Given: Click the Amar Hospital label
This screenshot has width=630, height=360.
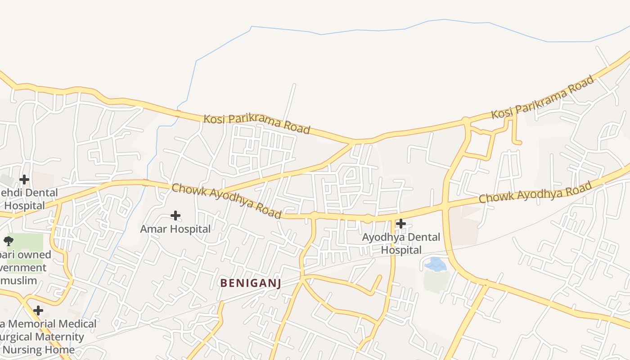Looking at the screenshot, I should [175, 229].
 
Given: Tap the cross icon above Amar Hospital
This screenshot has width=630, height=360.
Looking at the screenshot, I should [175, 216].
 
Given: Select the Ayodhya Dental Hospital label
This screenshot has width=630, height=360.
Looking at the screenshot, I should [401, 243].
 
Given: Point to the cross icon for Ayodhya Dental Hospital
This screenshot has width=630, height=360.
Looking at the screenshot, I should [400, 224].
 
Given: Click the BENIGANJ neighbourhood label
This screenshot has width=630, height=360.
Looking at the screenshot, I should [250, 283].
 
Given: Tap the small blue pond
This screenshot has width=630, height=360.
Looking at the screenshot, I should [435, 264].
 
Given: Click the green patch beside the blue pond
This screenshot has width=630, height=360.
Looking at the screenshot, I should [436, 281].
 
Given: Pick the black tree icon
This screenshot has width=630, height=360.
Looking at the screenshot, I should [9, 241].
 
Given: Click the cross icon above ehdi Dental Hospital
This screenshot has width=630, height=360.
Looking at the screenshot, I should [24, 180].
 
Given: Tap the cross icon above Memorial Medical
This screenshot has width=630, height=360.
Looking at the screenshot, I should [38, 310].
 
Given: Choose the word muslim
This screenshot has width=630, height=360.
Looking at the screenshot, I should [18, 281].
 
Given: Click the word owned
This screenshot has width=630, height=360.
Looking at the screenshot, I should [34, 255].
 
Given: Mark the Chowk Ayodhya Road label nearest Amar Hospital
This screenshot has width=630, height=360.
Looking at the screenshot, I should [226, 201].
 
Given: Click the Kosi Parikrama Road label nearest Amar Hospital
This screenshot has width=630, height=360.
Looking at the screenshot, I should [257, 124].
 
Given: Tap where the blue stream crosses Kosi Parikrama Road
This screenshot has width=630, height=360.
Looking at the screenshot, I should [178, 112].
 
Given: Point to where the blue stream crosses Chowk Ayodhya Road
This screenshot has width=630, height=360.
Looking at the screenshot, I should [145, 182].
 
